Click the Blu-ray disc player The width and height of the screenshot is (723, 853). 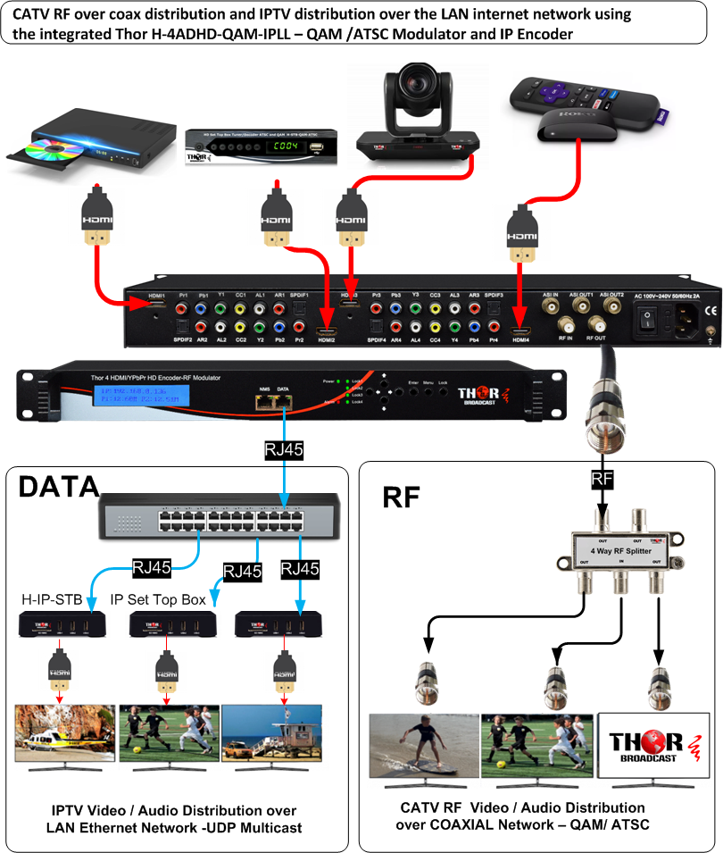coord(71,148)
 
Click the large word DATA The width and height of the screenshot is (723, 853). coord(59,487)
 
